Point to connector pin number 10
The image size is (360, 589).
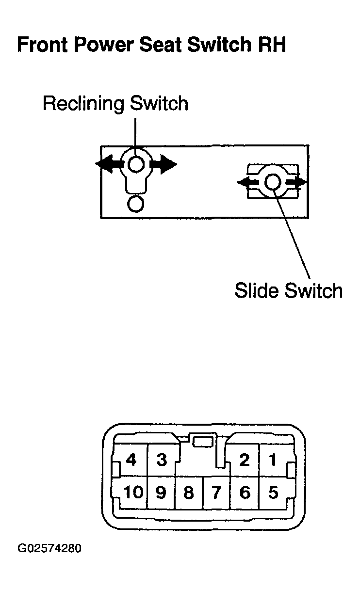(133, 492)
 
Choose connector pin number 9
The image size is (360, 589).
(161, 493)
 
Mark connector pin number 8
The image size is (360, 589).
(189, 493)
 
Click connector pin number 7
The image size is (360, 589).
(216, 493)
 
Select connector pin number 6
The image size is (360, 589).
(245, 493)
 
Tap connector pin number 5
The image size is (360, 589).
(273, 493)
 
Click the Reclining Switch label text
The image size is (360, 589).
(115, 104)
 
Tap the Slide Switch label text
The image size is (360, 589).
(289, 290)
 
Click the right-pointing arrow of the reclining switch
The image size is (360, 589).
(163, 164)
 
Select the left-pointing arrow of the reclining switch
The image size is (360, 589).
(109, 164)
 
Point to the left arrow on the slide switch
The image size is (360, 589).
(248, 182)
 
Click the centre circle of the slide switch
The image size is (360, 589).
(273, 182)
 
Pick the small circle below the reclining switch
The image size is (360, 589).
(136, 204)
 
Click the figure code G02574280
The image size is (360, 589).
(49, 548)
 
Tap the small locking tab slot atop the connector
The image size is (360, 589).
(203, 442)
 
